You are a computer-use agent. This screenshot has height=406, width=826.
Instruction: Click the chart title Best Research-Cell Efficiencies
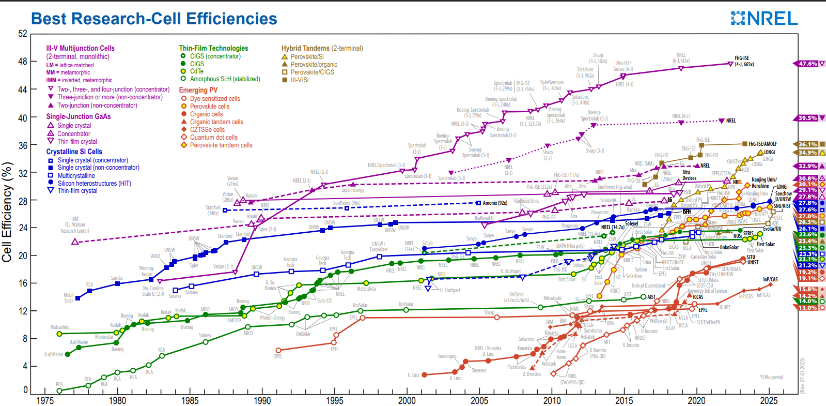click(x=154, y=19)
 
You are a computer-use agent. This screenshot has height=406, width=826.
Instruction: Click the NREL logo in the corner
click(x=764, y=19)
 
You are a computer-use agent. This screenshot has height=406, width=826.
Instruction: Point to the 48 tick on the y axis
click(x=23, y=62)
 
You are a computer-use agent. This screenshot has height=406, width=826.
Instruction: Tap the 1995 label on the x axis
click(x=334, y=400)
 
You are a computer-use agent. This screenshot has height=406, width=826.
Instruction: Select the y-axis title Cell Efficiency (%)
click(x=7, y=212)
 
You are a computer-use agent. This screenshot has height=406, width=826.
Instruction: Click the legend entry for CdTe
click(x=196, y=71)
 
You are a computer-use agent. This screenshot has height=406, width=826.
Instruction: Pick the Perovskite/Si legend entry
click(x=307, y=57)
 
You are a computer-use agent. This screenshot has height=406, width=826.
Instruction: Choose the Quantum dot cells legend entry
click(x=213, y=138)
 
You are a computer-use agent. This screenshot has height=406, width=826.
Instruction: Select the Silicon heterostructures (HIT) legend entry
click(x=94, y=183)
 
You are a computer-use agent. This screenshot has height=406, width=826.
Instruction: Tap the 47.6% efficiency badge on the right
click(x=808, y=64)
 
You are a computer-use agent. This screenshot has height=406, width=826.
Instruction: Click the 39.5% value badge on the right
click(x=807, y=118)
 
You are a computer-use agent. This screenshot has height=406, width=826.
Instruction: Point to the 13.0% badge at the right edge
click(x=807, y=308)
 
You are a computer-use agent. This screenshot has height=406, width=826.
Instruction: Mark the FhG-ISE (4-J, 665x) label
click(x=744, y=61)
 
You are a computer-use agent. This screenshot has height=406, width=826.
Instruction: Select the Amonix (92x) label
click(x=494, y=203)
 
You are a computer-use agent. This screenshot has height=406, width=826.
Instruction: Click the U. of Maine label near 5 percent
click(x=54, y=354)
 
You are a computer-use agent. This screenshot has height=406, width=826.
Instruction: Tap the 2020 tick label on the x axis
click(x=696, y=400)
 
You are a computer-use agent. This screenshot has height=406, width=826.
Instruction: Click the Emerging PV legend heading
click(x=198, y=90)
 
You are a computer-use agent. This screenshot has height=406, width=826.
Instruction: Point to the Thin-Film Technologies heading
click(x=213, y=48)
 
